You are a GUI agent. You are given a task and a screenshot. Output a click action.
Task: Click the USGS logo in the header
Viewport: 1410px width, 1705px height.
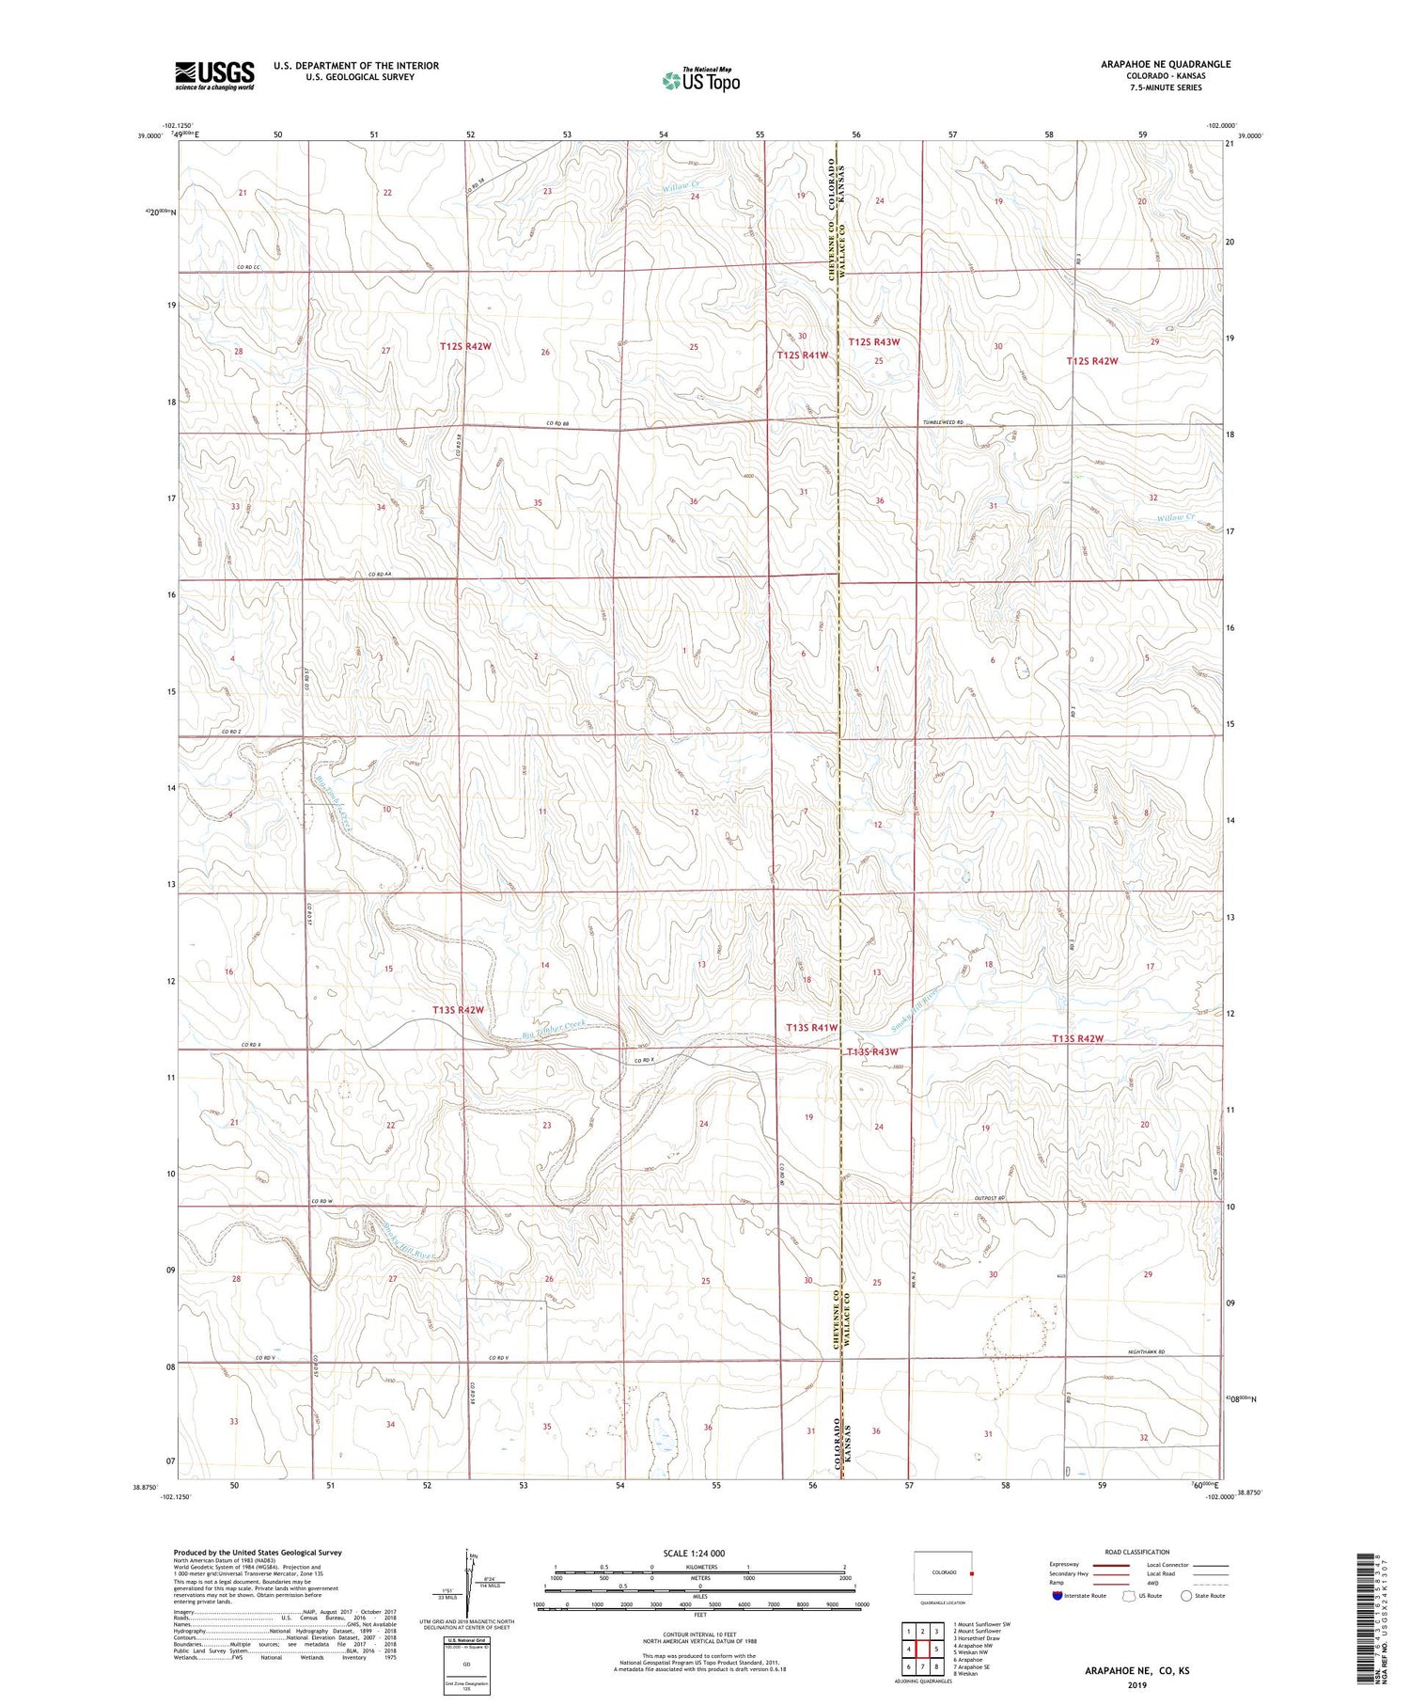click(x=213, y=75)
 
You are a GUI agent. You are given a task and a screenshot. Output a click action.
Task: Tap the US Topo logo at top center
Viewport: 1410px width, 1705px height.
click(x=700, y=81)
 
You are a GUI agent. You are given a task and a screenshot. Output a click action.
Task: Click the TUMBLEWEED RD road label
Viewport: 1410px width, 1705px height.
click(x=943, y=422)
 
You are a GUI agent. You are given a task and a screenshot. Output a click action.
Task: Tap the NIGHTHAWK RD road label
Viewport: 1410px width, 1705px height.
click(x=1146, y=1352)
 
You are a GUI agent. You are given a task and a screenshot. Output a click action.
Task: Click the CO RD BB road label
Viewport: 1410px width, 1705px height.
click(x=560, y=423)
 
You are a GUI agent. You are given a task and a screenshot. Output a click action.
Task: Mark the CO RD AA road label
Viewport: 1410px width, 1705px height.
click(x=378, y=575)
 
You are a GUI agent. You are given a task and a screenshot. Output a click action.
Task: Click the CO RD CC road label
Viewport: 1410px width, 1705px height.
click(x=248, y=268)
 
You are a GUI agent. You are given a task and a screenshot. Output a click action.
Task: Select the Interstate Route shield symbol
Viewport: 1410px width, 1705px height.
click(x=1057, y=1596)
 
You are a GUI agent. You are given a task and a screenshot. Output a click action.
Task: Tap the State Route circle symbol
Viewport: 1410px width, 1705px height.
click(x=1186, y=1595)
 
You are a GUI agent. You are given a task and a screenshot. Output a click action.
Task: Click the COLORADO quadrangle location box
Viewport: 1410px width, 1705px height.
click(x=944, y=1572)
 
